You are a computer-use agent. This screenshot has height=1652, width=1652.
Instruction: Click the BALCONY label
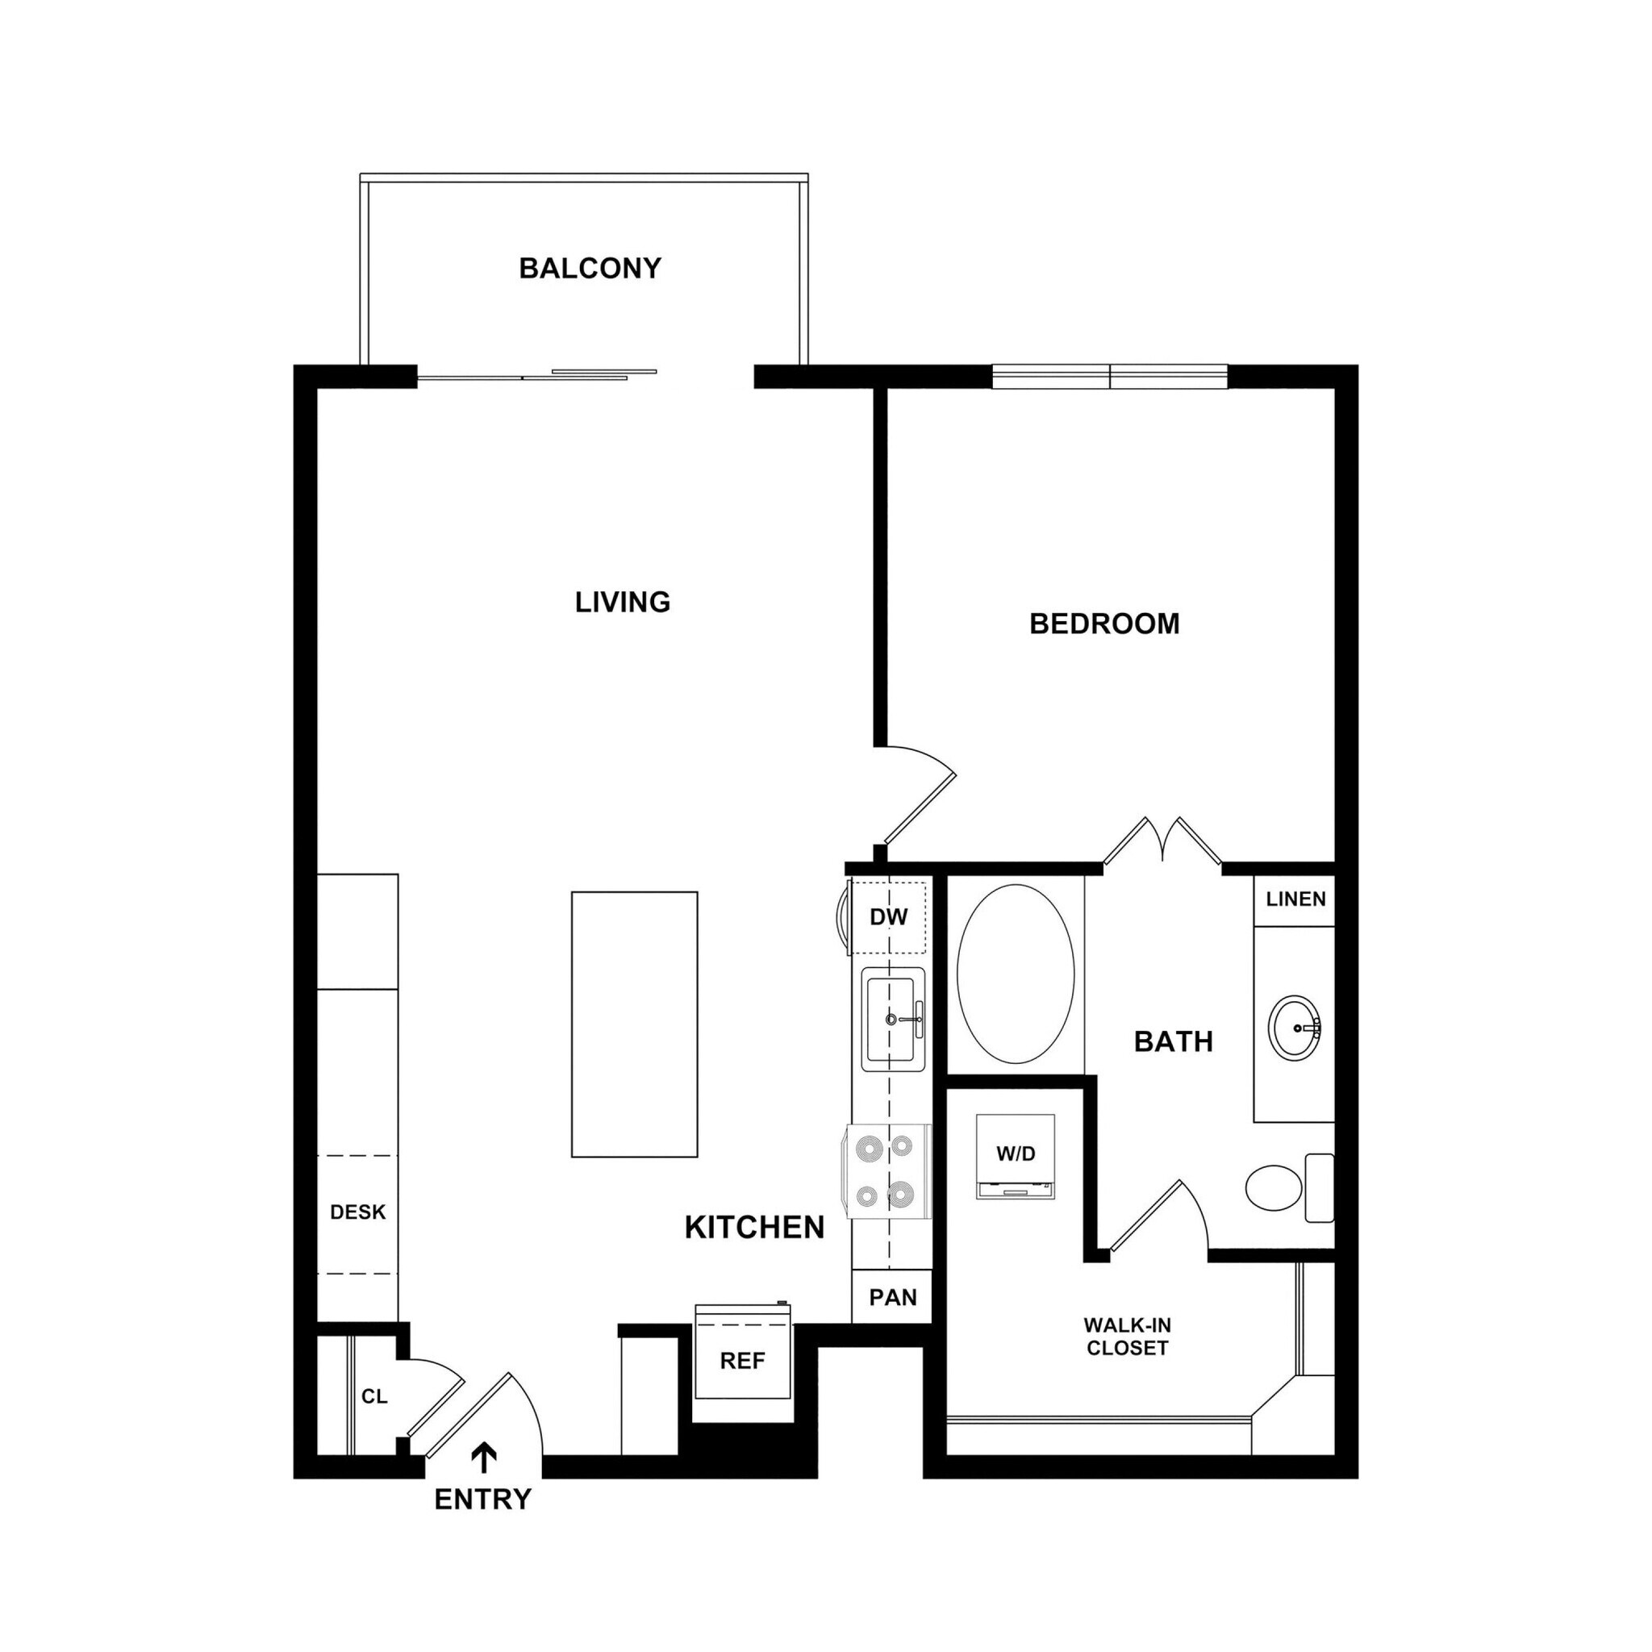(590, 269)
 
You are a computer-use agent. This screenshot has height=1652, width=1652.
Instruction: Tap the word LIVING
(623, 602)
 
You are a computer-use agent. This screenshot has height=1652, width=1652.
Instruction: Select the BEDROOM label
(1104, 624)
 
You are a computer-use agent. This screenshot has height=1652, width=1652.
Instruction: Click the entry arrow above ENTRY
(485, 1458)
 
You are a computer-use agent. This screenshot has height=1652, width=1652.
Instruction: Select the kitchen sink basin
(893, 1019)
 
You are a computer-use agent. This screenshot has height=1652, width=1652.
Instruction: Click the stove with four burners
(889, 1170)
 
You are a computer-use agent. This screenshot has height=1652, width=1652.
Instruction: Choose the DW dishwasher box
(888, 917)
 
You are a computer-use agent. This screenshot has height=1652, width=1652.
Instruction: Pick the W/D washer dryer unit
(1016, 1155)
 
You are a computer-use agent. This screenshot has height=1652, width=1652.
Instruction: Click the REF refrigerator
(742, 1362)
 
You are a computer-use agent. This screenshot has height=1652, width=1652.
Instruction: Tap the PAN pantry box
(893, 1297)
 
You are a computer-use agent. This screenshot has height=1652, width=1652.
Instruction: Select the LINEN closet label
(1295, 899)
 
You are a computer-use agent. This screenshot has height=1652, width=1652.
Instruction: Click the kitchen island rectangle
(635, 1024)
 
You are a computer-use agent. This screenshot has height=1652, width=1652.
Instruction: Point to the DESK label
(357, 1212)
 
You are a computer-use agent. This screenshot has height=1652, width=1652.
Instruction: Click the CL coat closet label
(373, 1396)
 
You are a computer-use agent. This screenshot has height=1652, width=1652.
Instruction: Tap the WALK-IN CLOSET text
(1127, 1337)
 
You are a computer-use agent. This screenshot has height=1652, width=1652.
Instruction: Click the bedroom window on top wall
(1110, 376)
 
